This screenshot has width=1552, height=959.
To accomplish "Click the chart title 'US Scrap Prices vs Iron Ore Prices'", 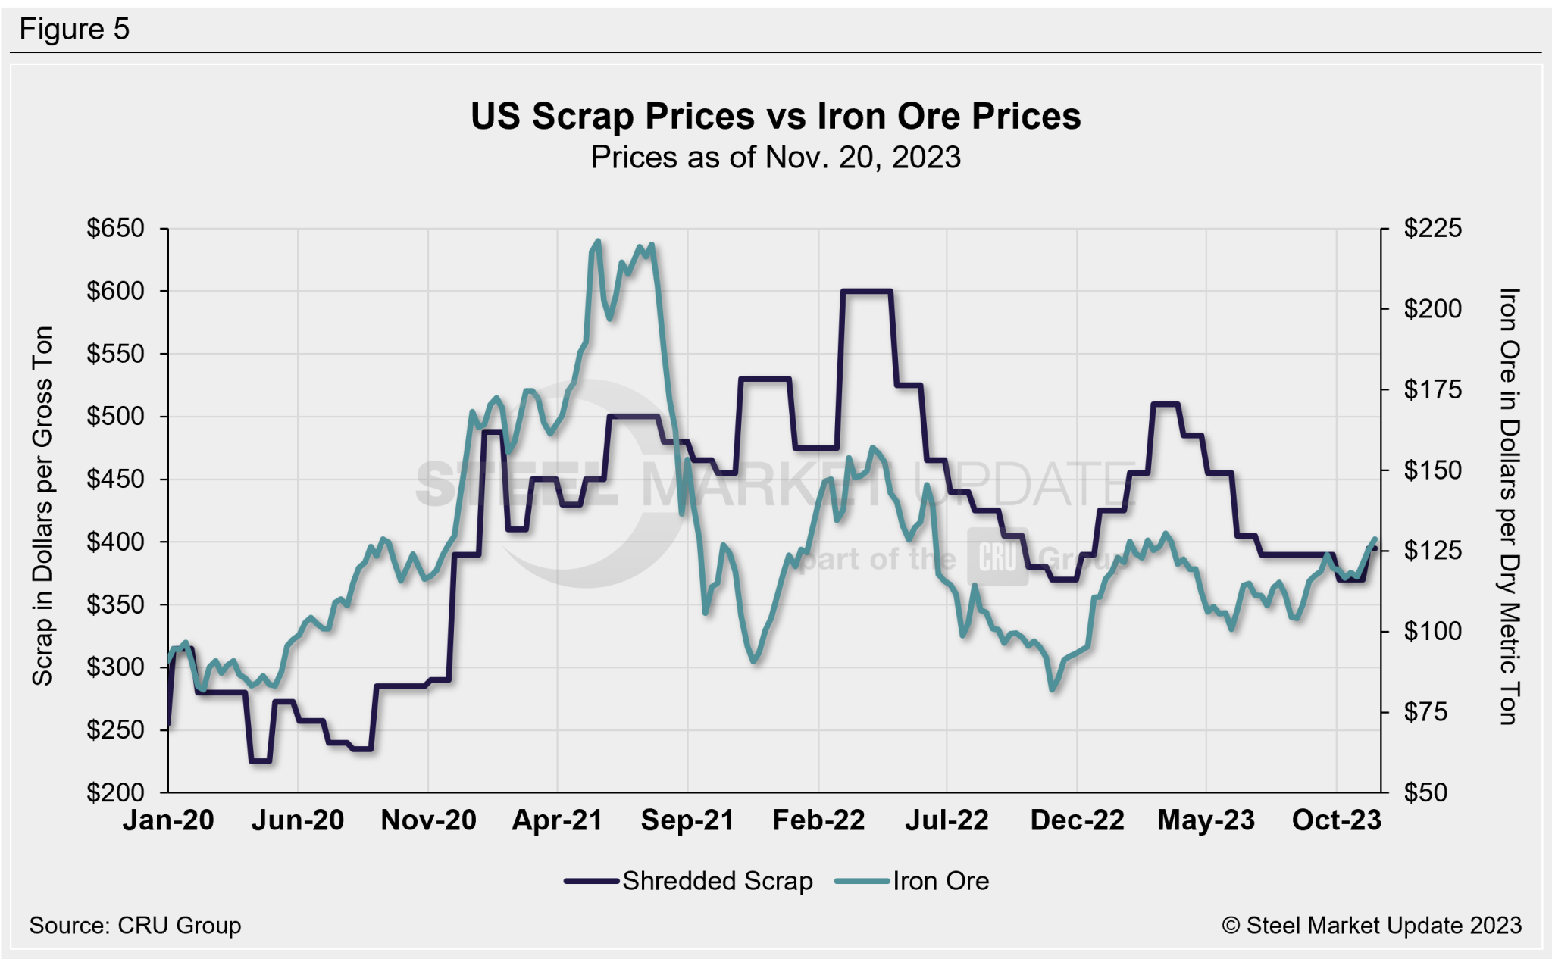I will click(x=775, y=117).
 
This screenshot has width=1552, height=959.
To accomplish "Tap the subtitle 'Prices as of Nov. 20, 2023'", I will click(x=775, y=158).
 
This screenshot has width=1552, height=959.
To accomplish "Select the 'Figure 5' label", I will click(x=74, y=30).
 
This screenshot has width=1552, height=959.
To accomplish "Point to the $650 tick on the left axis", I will click(x=115, y=228).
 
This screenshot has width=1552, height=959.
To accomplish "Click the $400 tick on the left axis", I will click(x=115, y=542).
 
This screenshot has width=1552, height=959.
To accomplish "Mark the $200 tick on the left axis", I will click(x=115, y=792).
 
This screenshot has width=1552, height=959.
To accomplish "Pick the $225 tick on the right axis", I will click(x=1432, y=228).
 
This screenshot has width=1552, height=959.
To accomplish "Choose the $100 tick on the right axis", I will click(x=1432, y=631).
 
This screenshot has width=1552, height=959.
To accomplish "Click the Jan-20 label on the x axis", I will click(x=168, y=820).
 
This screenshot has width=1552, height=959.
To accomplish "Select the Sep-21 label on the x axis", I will click(x=687, y=820).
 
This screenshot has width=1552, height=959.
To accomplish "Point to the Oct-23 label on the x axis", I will click(x=1336, y=820).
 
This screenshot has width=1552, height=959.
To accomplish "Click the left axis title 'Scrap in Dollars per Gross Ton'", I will click(x=42, y=506).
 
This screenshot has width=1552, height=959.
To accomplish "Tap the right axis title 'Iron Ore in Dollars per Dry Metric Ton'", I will click(x=1508, y=506).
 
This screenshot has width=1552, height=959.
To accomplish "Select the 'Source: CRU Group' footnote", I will click(x=135, y=926).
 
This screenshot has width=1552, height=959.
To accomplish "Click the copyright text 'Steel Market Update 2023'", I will click(x=1372, y=926).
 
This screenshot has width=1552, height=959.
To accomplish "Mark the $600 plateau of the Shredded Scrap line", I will click(x=866, y=291).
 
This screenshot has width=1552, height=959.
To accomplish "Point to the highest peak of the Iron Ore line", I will click(x=598, y=241).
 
